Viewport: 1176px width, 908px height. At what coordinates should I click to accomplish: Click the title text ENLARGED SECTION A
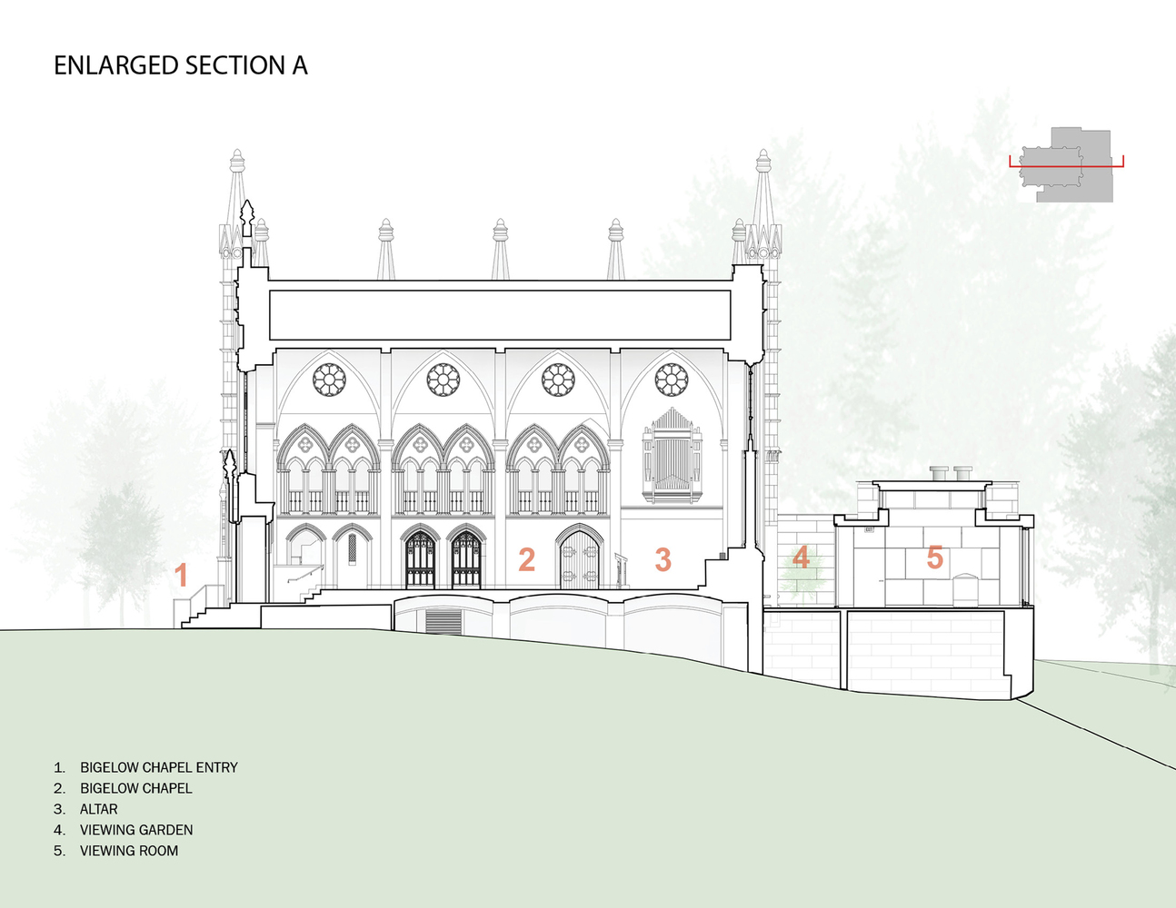(x=180, y=65)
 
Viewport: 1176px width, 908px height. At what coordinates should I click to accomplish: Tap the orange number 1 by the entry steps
(x=181, y=575)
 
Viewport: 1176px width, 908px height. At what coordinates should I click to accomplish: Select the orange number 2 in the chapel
(x=526, y=559)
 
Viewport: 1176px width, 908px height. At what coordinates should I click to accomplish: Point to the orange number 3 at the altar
(x=663, y=559)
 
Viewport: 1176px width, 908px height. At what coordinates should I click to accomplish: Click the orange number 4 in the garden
(x=801, y=557)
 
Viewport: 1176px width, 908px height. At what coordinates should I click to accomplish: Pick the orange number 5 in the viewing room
(x=934, y=558)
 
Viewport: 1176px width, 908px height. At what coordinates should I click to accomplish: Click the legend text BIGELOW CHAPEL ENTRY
(x=158, y=767)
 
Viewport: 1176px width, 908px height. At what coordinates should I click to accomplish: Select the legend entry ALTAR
(x=98, y=809)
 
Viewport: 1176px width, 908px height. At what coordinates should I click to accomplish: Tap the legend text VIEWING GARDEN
(x=136, y=830)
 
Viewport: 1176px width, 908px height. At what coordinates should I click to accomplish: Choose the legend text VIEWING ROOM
(x=129, y=851)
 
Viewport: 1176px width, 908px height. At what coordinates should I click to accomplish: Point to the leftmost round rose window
(x=328, y=379)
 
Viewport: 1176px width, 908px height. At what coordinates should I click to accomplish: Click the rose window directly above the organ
(x=672, y=379)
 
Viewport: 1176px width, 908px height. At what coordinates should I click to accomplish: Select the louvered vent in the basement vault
(x=443, y=622)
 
